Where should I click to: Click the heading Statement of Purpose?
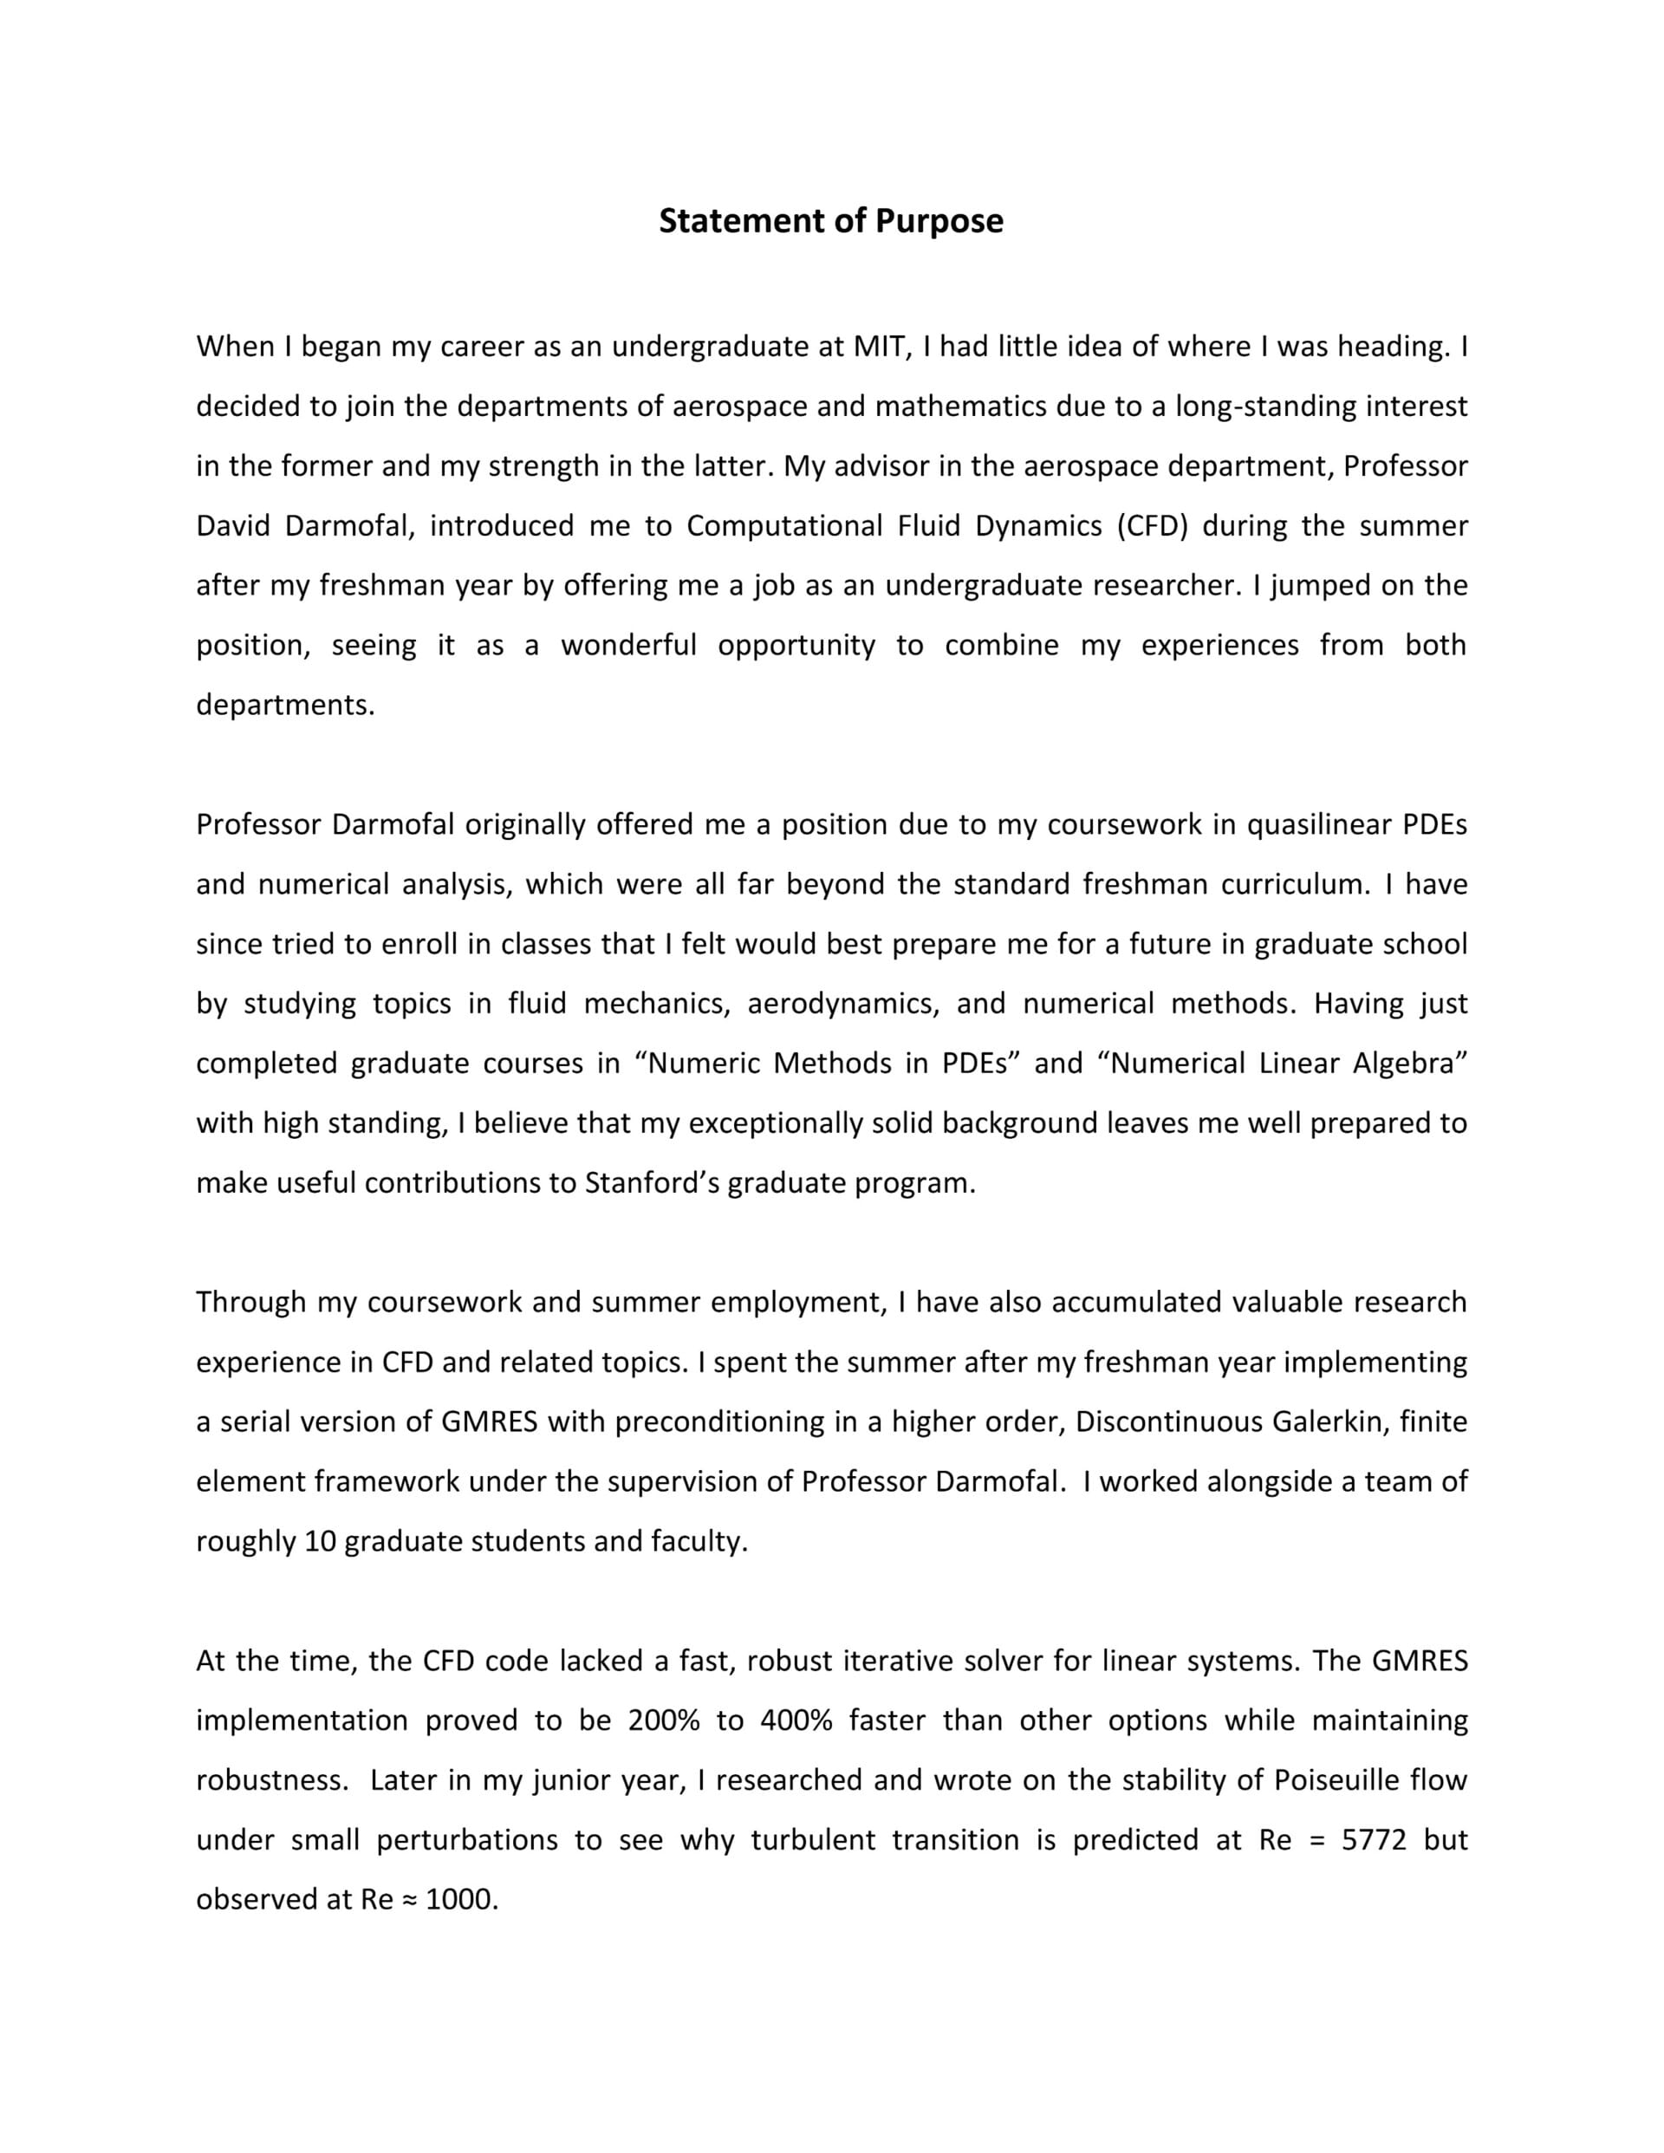(x=831, y=221)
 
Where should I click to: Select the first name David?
(x=231, y=526)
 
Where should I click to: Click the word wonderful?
(x=628, y=646)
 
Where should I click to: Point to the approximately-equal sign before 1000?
(x=409, y=1900)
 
